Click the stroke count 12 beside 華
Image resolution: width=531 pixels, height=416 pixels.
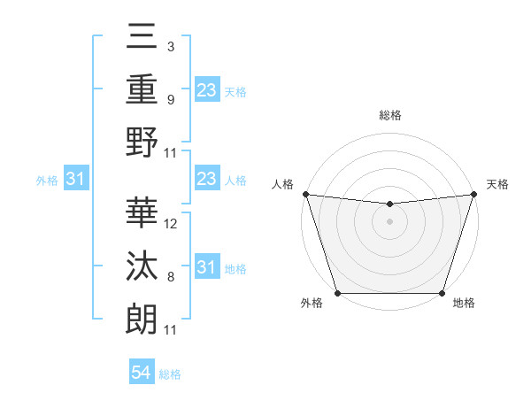tap(171, 224)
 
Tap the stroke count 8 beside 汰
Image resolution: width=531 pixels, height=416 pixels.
tap(171, 277)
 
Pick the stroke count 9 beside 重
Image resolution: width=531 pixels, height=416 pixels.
tap(171, 100)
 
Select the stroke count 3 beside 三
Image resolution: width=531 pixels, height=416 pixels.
tap(171, 47)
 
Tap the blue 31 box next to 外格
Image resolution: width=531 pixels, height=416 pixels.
tap(75, 180)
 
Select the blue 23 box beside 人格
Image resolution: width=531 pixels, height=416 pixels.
tap(206, 180)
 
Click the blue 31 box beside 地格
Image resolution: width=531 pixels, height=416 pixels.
tap(206, 267)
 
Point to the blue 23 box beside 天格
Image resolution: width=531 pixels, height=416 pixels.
tap(206, 90)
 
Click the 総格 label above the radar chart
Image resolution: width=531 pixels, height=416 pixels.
tap(389, 115)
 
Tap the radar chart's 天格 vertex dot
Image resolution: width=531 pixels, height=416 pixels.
tap(473, 194)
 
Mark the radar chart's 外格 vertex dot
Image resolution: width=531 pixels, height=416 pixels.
tap(337, 292)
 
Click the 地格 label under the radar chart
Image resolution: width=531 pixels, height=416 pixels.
tap(464, 304)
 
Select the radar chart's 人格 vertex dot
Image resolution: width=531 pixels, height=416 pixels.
tap(305, 194)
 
